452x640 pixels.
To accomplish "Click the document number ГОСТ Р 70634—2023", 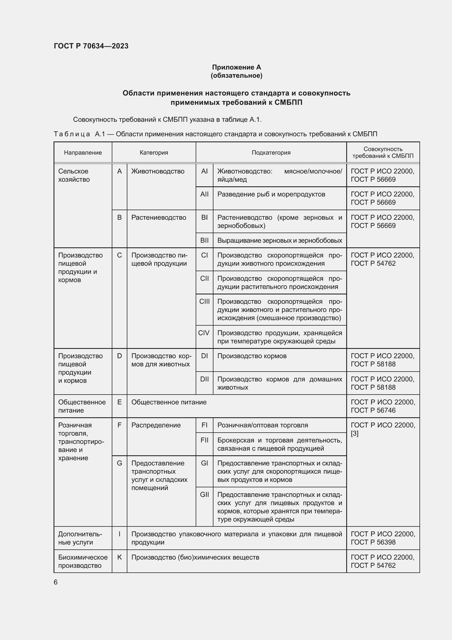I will (91, 46).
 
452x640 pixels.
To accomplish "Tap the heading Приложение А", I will (236, 67).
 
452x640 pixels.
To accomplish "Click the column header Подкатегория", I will (271, 152).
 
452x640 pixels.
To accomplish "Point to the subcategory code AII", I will (204, 194).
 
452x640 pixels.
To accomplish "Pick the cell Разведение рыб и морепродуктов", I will (271, 194).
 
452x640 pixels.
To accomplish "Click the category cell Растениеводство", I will (159, 218).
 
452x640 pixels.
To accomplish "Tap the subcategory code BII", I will (204, 240).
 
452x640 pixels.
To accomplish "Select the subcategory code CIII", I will (204, 302).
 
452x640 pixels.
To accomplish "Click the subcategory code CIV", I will (204, 333).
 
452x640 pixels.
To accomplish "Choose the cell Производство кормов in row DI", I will (252, 356).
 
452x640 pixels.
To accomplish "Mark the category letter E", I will (119, 402).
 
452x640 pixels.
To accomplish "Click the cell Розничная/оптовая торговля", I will (262, 425).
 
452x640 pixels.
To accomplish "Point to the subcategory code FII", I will (204, 440).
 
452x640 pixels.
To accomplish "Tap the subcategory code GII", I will (204, 494).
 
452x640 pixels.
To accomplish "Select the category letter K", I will (119, 557).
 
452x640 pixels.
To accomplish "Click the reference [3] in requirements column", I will (354, 433).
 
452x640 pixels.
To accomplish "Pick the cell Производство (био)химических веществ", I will (195, 557).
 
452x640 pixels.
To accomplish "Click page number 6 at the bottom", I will (56, 582).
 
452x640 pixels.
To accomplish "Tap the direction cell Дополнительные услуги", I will (80, 538).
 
